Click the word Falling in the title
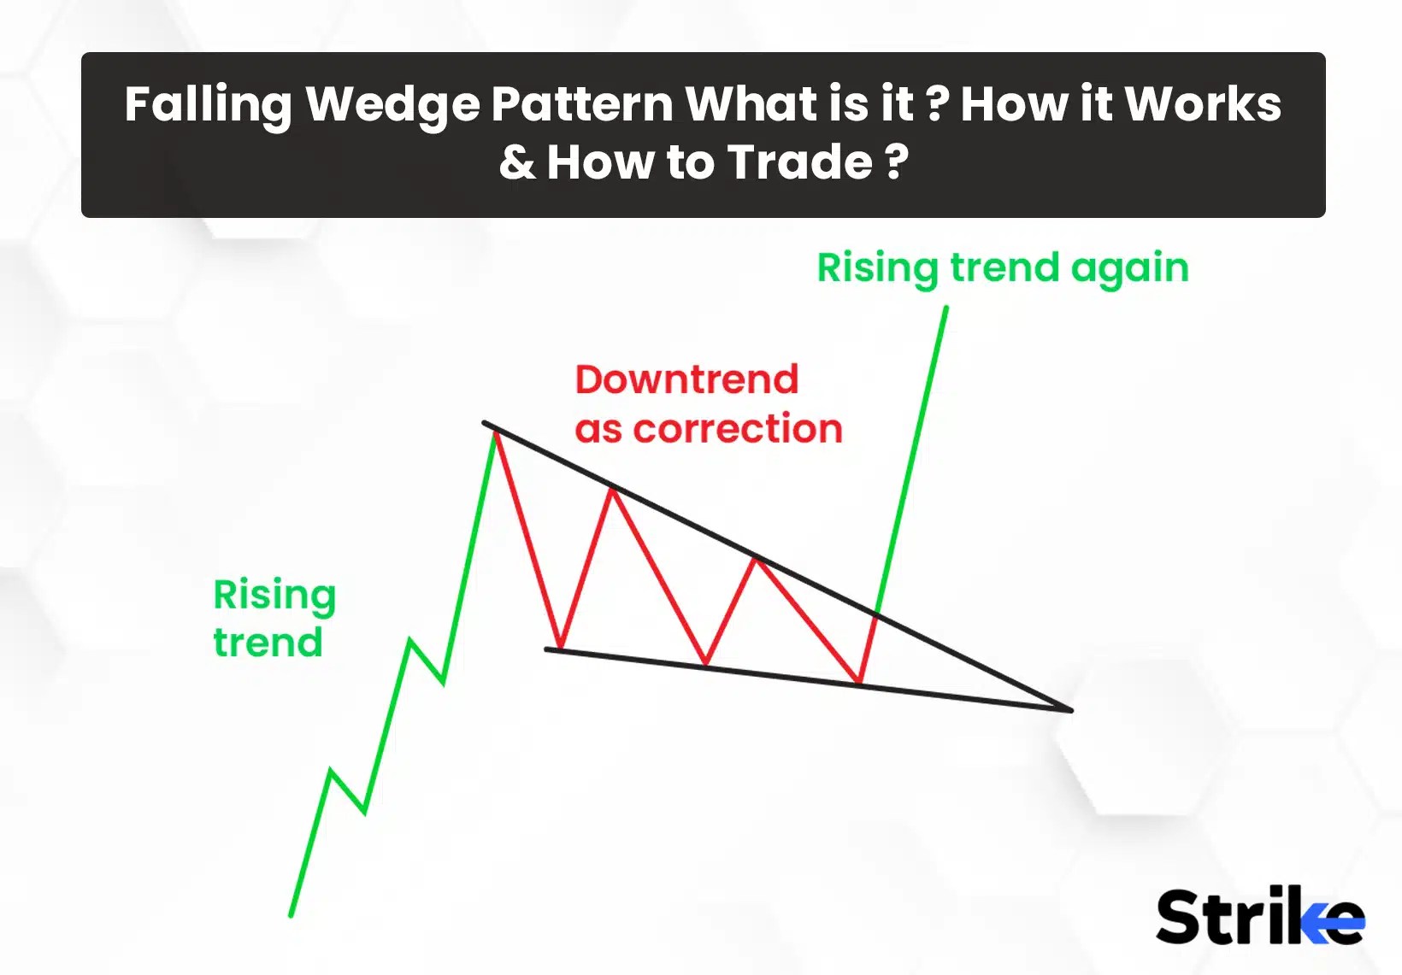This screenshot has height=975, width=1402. click(x=208, y=104)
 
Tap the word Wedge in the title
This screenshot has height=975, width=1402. click(x=392, y=104)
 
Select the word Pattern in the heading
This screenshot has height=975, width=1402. click(x=582, y=104)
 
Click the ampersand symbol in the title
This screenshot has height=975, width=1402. click(x=517, y=162)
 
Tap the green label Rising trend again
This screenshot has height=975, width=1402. click(x=1002, y=268)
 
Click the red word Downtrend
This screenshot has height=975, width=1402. click(x=686, y=379)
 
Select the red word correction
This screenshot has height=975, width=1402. click(x=737, y=429)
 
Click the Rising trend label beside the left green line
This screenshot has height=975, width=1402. click(x=274, y=618)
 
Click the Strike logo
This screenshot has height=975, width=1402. click(x=1259, y=916)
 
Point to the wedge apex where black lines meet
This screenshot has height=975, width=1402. click(x=1069, y=709)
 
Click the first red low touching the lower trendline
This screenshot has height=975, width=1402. click(x=560, y=649)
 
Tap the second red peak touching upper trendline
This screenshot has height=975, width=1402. click(x=612, y=489)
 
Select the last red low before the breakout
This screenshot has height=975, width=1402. click(x=859, y=683)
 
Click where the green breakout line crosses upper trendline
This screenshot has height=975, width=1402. click(x=877, y=613)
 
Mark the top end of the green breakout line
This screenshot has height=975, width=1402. click(x=945, y=308)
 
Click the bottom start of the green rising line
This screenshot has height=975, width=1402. click(x=292, y=915)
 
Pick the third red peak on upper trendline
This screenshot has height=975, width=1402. click(x=755, y=559)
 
